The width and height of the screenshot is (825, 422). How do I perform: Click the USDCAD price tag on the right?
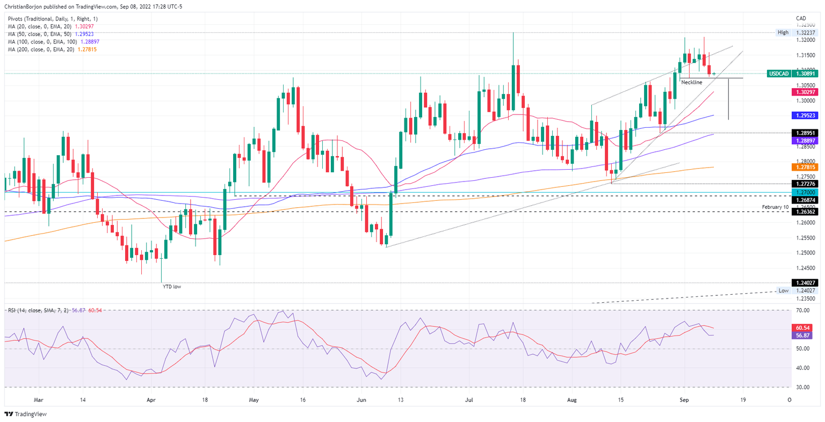tap(792, 74)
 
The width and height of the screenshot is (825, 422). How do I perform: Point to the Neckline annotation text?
tap(691, 82)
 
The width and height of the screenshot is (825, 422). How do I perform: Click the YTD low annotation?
tap(172, 287)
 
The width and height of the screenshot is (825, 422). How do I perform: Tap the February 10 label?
tap(776, 207)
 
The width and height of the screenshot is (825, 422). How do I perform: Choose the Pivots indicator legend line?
tap(53, 19)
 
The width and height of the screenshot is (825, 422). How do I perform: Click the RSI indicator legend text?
tap(38, 311)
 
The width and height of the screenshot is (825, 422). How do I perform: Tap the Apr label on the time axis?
tap(151, 400)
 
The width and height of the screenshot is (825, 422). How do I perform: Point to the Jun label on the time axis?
tap(361, 400)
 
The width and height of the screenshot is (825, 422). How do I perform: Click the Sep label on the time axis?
tap(684, 400)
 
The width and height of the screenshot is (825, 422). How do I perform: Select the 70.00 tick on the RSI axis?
tap(802, 310)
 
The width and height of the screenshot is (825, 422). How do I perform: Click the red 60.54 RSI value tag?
tap(802, 328)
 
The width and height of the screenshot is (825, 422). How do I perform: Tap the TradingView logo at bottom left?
tap(25, 414)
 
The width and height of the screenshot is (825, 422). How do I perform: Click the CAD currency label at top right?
tap(801, 19)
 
